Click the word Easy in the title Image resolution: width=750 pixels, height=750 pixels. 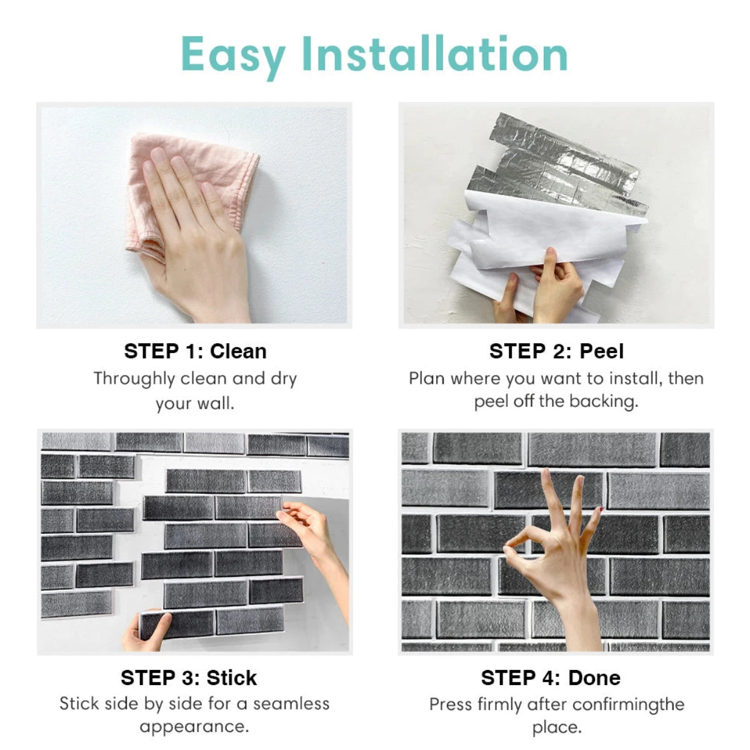click(232, 55)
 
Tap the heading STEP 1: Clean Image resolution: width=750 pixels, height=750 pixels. click(195, 351)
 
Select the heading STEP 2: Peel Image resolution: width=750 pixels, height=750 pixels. click(556, 351)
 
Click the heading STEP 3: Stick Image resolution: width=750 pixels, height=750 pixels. click(189, 677)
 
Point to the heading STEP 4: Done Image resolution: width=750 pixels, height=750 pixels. click(551, 677)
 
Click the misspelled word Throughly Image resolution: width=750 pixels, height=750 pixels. click(134, 379)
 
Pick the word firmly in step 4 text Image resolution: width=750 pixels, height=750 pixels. click(500, 705)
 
